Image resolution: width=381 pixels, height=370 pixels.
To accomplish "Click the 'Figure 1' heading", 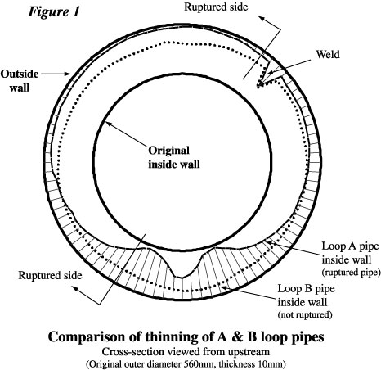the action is pyautogui.click(x=54, y=12).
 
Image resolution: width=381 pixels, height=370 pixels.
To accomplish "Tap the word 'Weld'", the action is pyautogui.click(x=328, y=54).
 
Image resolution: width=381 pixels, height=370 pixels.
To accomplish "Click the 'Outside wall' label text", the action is pyautogui.click(x=20, y=81).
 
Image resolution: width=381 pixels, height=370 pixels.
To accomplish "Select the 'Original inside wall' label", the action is pyautogui.click(x=174, y=157).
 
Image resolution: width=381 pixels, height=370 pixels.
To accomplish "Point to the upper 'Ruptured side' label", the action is pyautogui.click(x=216, y=7).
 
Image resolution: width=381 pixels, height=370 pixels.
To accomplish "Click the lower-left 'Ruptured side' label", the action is pyautogui.click(x=50, y=275).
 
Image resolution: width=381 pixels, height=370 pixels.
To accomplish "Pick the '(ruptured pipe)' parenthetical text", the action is pyautogui.click(x=351, y=273).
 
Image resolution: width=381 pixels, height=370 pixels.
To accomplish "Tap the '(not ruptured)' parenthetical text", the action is pyautogui.click(x=305, y=314).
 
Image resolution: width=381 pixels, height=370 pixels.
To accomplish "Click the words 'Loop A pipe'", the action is pyautogui.click(x=351, y=246).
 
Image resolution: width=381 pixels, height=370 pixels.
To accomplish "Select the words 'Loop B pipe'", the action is pyautogui.click(x=306, y=289).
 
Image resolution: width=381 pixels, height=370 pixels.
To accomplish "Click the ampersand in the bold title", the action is pyautogui.click(x=238, y=336).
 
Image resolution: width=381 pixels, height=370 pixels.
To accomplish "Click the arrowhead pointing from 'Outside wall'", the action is pyautogui.click(x=69, y=74).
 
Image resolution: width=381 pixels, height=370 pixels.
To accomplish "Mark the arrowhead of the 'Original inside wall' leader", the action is pyautogui.click(x=107, y=124).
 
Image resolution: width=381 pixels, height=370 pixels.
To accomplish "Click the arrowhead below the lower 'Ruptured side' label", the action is pyautogui.click(x=75, y=289).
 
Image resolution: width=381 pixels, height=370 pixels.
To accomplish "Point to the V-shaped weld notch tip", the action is pyautogui.click(x=258, y=87).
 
